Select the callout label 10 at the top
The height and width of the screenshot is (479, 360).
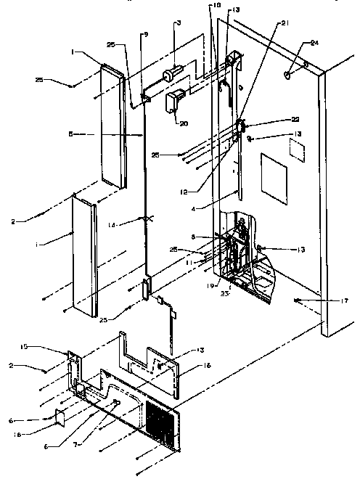point(215,5)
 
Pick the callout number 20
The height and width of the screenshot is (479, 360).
point(184,123)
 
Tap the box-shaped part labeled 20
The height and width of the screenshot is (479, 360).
point(176,100)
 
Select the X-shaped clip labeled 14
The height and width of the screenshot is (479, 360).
point(147,218)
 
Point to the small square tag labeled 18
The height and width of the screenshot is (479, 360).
point(60,417)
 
